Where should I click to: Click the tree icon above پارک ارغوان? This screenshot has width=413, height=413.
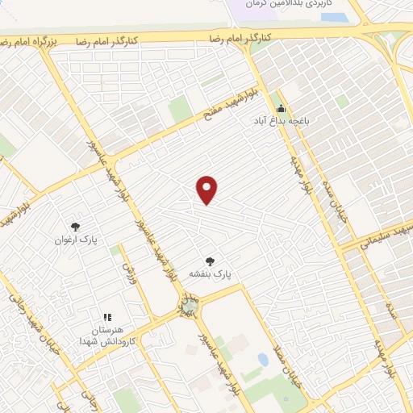pyautogui.click(x=75, y=227)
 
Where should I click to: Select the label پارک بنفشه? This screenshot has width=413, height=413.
pyautogui.click(x=210, y=274)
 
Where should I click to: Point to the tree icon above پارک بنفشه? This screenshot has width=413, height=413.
pyautogui.click(x=211, y=261)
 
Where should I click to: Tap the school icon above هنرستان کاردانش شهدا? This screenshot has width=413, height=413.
pyautogui.click(x=107, y=317)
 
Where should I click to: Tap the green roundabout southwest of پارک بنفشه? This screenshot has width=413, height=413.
pyautogui.click(x=189, y=306)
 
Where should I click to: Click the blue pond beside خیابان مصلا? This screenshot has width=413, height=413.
pyautogui.click(x=263, y=359)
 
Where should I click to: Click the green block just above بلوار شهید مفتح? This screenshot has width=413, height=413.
pyautogui.click(x=180, y=110)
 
